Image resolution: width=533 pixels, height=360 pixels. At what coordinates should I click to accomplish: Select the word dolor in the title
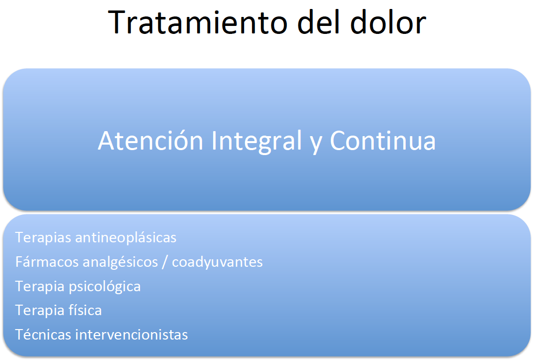(x=388, y=22)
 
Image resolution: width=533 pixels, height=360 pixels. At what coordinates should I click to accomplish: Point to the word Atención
(x=150, y=140)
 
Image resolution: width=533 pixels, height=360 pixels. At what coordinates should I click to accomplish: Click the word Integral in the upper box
(x=257, y=141)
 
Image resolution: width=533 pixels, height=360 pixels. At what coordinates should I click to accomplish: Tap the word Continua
(x=383, y=141)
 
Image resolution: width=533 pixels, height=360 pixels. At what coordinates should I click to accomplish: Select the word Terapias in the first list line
(x=43, y=238)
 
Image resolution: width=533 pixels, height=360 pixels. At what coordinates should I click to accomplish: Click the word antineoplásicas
(x=126, y=237)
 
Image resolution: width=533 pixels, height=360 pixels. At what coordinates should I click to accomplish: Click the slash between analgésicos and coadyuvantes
(x=165, y=262)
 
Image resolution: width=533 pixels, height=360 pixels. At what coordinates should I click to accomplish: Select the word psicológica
(x=105, y=286)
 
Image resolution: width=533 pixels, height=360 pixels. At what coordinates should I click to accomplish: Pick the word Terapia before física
(x=40, y=311)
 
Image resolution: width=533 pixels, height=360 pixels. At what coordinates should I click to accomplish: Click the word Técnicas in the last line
(x=43, y=334)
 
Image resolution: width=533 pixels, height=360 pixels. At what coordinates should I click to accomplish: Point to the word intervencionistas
(x=132, y=335)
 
